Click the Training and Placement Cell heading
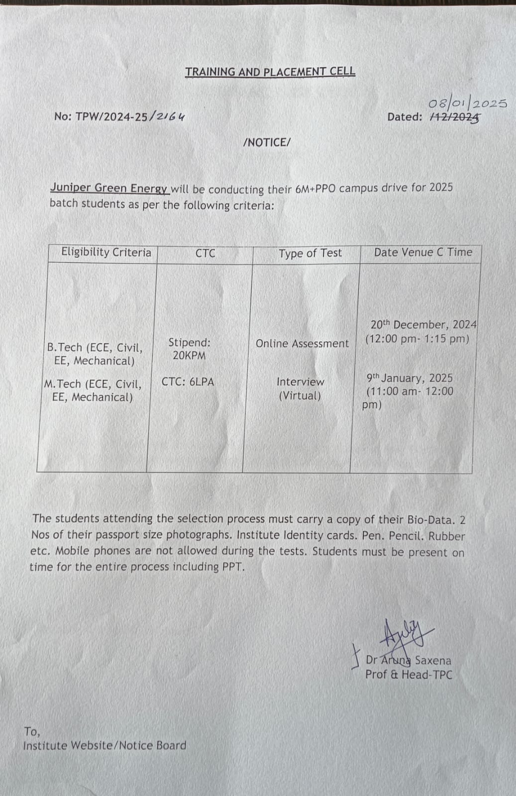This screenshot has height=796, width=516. (270, 72)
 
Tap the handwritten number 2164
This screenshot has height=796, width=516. (170, 116)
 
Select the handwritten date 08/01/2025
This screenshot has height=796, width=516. (467, 103)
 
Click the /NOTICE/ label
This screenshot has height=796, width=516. (267, 142)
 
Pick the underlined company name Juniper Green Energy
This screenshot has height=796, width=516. (109, 188)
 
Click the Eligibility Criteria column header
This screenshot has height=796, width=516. (106, 252)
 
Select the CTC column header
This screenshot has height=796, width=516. (205, 253)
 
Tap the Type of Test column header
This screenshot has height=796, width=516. (310, 253)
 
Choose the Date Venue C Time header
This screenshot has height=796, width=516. (422, 252)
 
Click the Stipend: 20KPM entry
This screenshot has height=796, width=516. (189, 349)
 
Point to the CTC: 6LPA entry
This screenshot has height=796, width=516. (188, 382)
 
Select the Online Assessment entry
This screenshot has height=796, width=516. (302, 343)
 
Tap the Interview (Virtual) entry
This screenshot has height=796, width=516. (300, 389)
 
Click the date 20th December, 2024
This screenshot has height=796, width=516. (423, 325)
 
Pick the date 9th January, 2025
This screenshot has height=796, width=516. (410, 378)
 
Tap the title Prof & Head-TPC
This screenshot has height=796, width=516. (409, 675)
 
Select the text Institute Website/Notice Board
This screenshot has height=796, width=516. (104, 745)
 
